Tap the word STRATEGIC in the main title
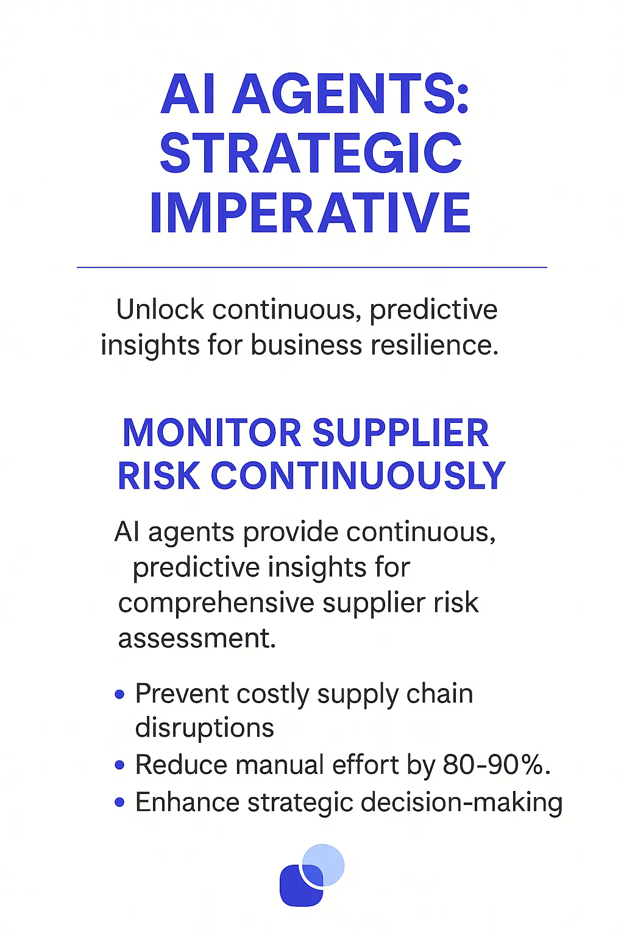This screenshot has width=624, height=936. click(x=311, y=154)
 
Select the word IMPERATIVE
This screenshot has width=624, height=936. click(x=311, y=213)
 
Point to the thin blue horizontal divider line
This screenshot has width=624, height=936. click(x=312, y=267)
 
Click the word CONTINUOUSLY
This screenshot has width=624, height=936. click(x=358, y=476)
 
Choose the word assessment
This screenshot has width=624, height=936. click(x=197, y=639)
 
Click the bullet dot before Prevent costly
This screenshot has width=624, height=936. click(x=119, y=694)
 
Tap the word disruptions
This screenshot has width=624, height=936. click(x=204, y=728)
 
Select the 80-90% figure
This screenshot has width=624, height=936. click(x=497, y=765)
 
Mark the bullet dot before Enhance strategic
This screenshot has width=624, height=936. click(x=119, y=803)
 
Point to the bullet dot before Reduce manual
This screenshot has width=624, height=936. click(x=119, y=765)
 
